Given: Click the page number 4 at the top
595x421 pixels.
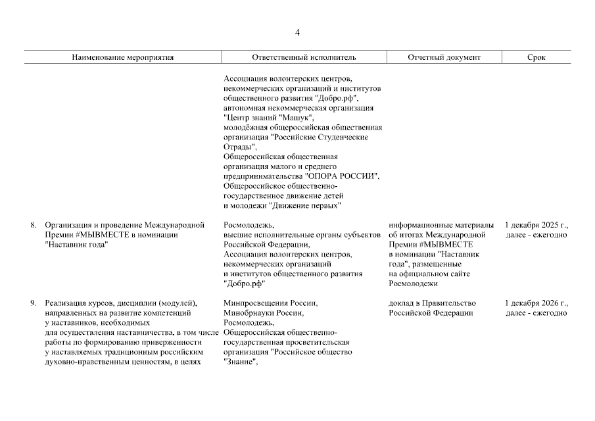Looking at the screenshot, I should (x=297, y=33).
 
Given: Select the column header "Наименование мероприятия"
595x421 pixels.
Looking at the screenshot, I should (x=123, y=57).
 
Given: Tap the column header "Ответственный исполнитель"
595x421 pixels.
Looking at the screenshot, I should (x=303, y=57).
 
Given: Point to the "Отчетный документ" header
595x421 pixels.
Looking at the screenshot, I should (x=444, y=57).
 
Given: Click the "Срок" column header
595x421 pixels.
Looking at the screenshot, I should (x=536, y=57).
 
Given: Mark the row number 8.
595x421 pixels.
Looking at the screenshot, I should (x=33, y=225).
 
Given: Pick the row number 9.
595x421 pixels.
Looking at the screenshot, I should (x=33, y=303).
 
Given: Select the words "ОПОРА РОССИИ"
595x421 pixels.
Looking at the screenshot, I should (x=342, y=176).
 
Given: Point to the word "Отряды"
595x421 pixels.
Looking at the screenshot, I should (x=239, y=147).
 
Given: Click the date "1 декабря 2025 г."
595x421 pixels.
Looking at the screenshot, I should (x=536, y=225).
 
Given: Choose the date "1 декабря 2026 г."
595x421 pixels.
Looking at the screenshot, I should (x=536, y=303).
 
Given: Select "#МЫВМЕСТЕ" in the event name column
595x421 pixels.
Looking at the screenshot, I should (x=101, y=235).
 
